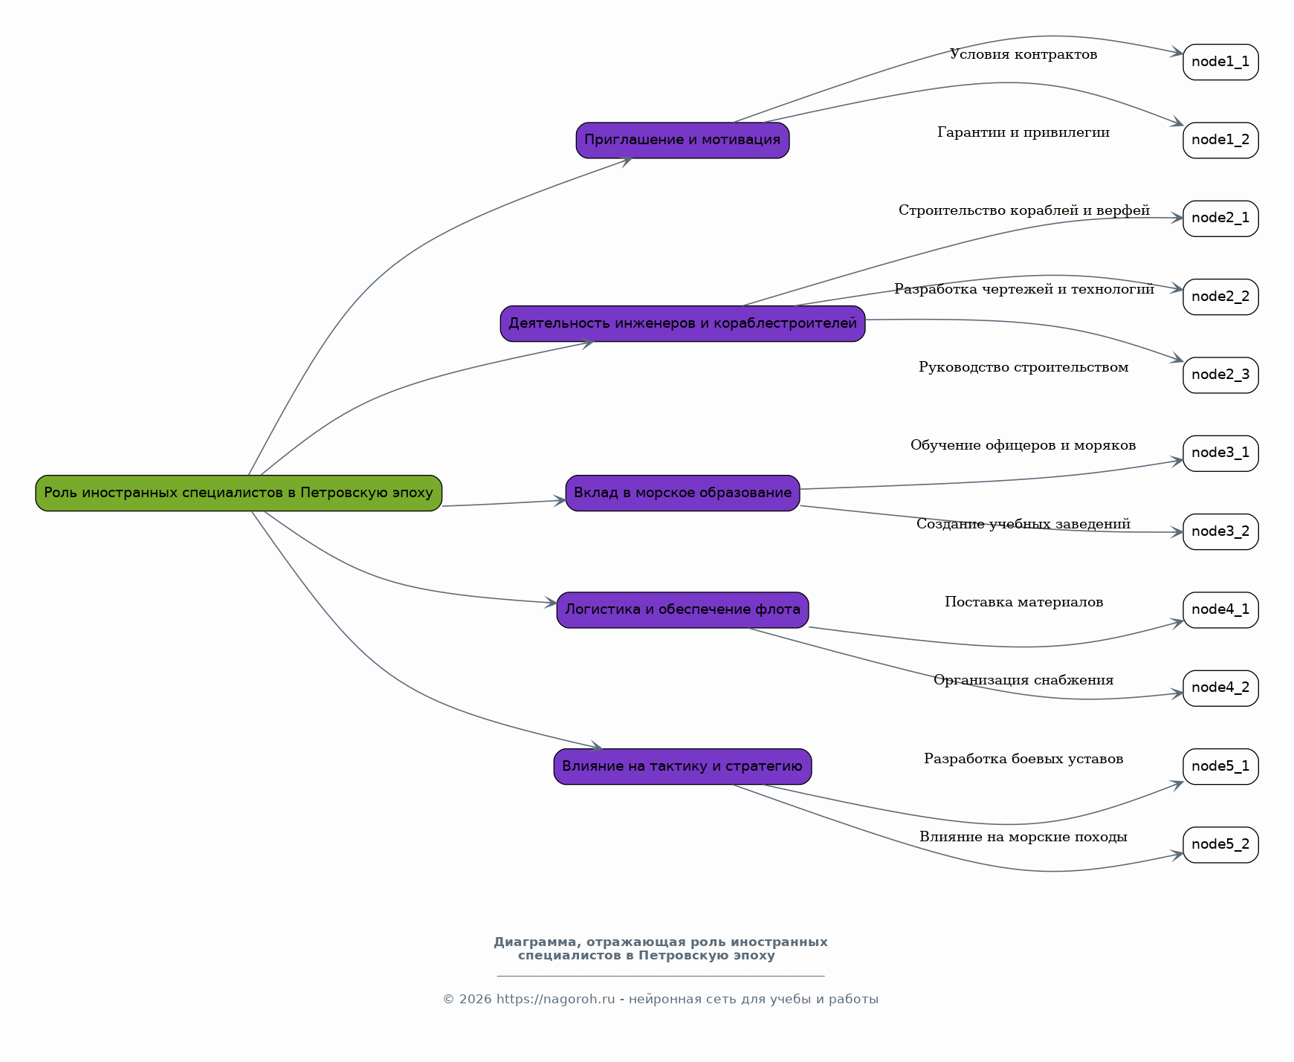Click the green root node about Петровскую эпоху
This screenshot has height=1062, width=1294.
(239, 493)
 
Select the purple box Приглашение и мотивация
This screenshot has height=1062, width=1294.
(682, 140)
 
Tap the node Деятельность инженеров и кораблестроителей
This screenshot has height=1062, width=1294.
(682, 324)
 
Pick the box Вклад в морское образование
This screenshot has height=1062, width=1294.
(682, 493)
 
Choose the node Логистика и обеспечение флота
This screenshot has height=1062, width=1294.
(682, 610)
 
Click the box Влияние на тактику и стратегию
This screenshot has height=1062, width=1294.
(682, 767)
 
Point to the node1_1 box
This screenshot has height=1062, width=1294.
(1220, 62)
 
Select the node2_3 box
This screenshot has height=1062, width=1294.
(1220, 375)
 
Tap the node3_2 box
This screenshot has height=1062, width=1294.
(1220, 532)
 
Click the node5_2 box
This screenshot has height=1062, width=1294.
(1220, 845)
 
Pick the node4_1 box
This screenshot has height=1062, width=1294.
(1220, 610)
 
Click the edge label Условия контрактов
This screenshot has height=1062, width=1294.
(1023, 54)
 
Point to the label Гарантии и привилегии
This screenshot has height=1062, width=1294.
(1023, 132)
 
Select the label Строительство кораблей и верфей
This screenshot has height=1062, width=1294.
(1023, 210)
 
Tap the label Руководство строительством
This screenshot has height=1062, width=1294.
(1023, 367)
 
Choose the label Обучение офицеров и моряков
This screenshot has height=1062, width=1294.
(1023, 445)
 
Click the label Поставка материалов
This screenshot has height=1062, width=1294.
(1023, 602)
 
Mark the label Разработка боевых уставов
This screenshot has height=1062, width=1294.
(1023, 759)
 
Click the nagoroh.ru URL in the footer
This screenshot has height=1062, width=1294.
(556, 1000)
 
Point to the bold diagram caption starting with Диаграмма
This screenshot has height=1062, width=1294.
(660, 949)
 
